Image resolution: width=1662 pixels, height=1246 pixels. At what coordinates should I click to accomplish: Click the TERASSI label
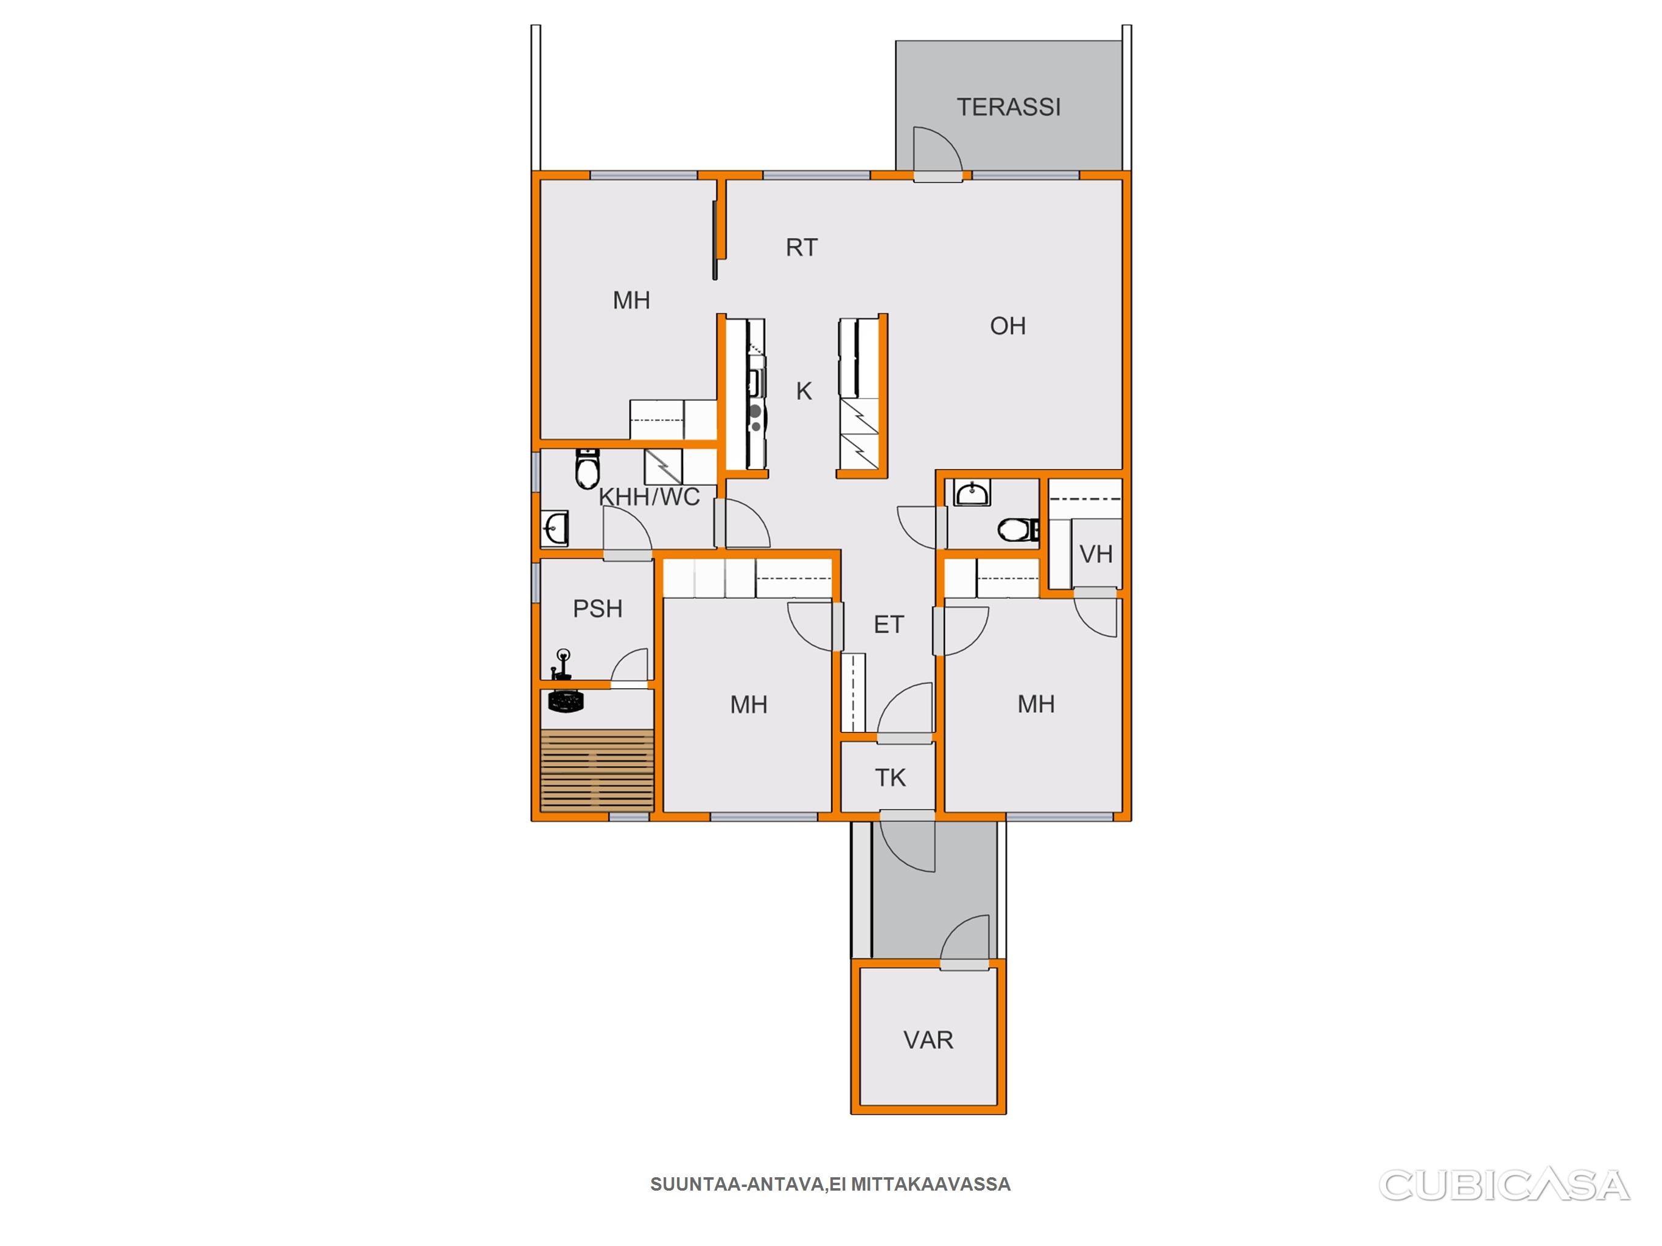pyautogui.click(x=1008, y=108)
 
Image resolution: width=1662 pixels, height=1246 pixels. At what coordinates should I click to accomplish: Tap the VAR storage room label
pyautogui.click(x=928, y=1040)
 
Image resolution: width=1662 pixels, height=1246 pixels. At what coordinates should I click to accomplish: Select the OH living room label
pyautogui.click(x=1008, y=326)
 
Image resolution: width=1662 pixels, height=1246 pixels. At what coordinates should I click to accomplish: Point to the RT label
pyautogui.click(x=802, y=247)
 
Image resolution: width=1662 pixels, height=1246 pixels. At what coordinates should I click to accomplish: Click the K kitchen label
pyautogui.click(x=804, y=391)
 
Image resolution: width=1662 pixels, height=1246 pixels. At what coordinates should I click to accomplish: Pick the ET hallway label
pyautogui.click(x=889, y=624)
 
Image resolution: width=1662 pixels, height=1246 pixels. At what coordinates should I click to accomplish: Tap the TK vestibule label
pyautogui.click(x=890, y=778)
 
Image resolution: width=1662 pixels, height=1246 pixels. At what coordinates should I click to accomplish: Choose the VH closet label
pyautogui.click(x=1095, y=554)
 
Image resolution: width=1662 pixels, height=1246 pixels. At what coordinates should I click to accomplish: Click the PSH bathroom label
pyautogui.click(x=598, y=608)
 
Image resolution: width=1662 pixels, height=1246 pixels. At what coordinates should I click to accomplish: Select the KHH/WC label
pyautogui.click(x=649, y=497)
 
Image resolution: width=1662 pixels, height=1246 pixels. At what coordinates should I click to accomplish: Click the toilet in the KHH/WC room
pyautogui.click(x=587, y=468)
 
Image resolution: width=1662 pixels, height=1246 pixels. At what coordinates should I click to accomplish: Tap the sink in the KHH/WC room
pyautogui.click(x=555, y=528)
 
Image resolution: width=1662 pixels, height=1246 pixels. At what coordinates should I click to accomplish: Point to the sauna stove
pyautogui.click(x=566, y=701)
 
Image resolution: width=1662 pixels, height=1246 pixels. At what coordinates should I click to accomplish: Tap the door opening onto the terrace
pyautogui.click(x=937, y=154)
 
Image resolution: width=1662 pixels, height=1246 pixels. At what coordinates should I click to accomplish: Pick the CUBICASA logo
pyautogui.click(x=1504, y=1186)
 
